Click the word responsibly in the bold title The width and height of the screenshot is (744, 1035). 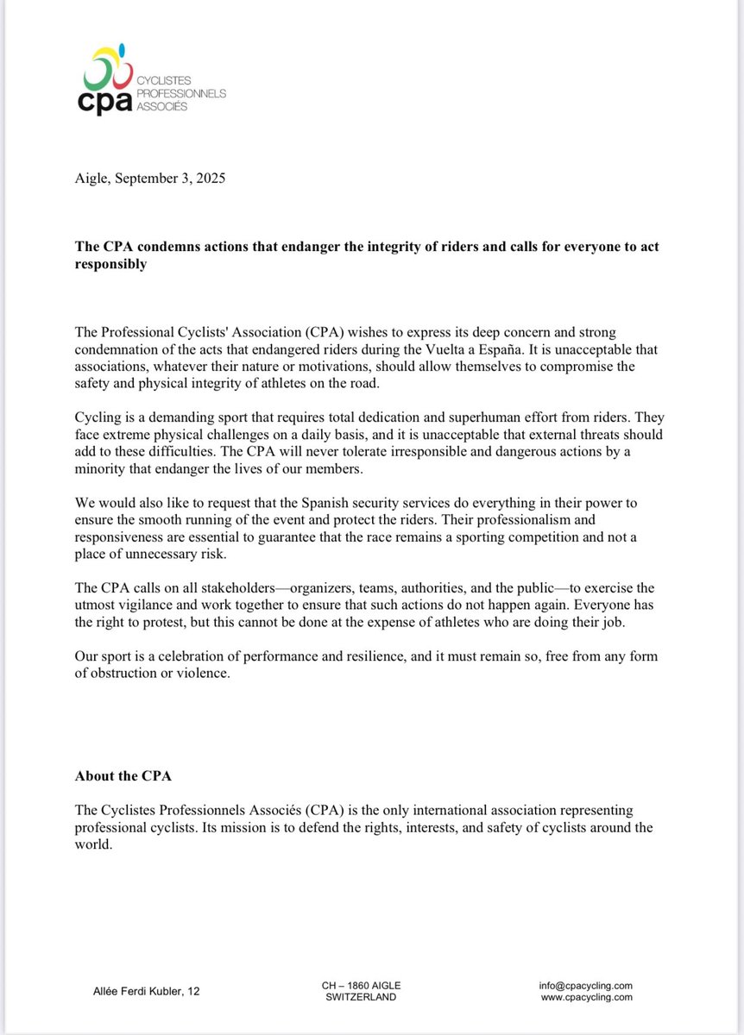click(x=110, y=264)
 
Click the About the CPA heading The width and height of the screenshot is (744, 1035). click(x=123, y=775)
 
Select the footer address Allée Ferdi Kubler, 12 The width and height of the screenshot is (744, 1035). click(x=146, y=992)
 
